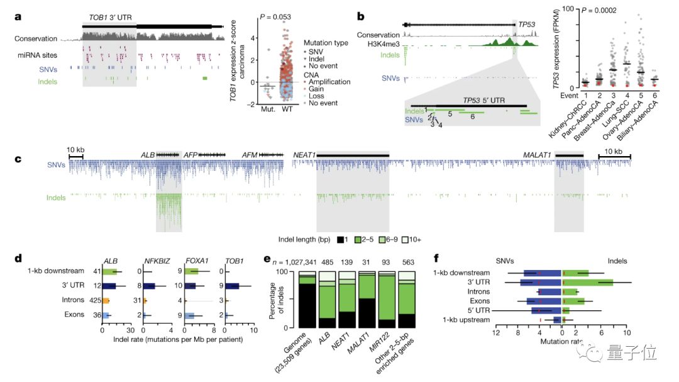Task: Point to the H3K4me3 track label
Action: tap(383, 44)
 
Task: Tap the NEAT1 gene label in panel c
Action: tap(305, 154)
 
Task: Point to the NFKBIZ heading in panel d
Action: tap(153, 261)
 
